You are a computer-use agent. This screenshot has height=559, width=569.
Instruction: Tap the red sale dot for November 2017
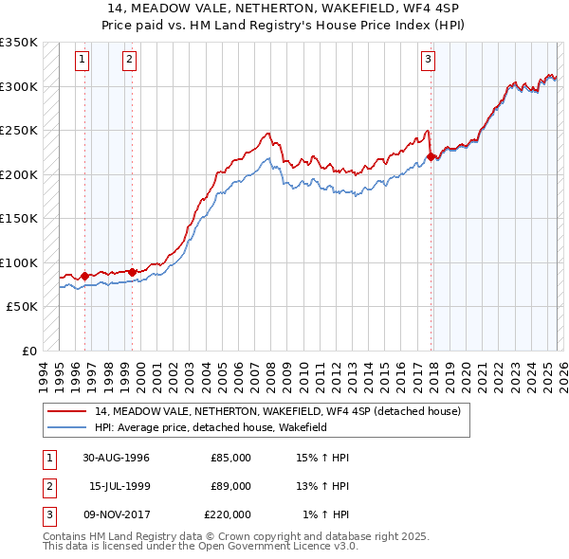pos(431,157)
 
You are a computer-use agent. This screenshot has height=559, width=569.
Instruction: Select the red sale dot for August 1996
pos(85,276)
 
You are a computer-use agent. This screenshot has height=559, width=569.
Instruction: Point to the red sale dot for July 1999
pos(132,272)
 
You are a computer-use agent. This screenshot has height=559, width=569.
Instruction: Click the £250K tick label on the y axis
pos(19,130)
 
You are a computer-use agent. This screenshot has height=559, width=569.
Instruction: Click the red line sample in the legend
pos(66,411)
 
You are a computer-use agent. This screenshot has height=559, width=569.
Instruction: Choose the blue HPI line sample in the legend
pos(66,427)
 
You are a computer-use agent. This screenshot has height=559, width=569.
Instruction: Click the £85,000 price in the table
pos(230,458)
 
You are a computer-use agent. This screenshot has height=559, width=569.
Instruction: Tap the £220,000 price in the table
pos(228,514)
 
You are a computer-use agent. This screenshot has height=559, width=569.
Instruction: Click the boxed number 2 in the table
pos(47,486)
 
